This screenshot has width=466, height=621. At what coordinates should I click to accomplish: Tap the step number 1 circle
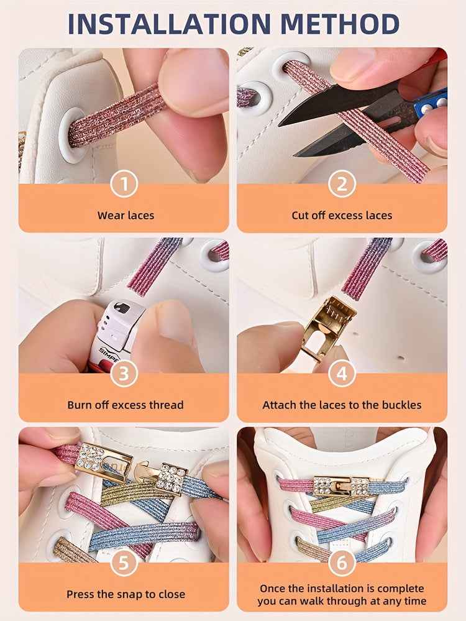(124, 184)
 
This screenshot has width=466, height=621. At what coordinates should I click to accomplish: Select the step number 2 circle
(342, 184)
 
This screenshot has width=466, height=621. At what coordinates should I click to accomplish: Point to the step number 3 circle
(124, 374)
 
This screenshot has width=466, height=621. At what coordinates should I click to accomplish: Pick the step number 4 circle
(342, 374)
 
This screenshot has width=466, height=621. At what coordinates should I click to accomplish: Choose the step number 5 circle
(124, 563)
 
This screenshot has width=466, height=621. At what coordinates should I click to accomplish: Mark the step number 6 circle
(342, 563)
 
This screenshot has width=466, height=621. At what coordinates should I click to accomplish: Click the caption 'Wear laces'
(126, 216)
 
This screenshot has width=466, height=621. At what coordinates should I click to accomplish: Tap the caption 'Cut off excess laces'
(342, 216)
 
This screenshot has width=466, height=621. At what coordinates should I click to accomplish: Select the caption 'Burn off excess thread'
(126, 405)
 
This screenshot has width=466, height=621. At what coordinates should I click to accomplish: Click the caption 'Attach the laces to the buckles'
(342, 405)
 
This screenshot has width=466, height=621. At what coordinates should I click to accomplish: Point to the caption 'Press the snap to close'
(126, 594)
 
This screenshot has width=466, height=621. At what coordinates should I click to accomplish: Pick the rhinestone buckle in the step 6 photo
(341, 485)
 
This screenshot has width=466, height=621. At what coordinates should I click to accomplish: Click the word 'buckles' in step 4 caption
(400, 405)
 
